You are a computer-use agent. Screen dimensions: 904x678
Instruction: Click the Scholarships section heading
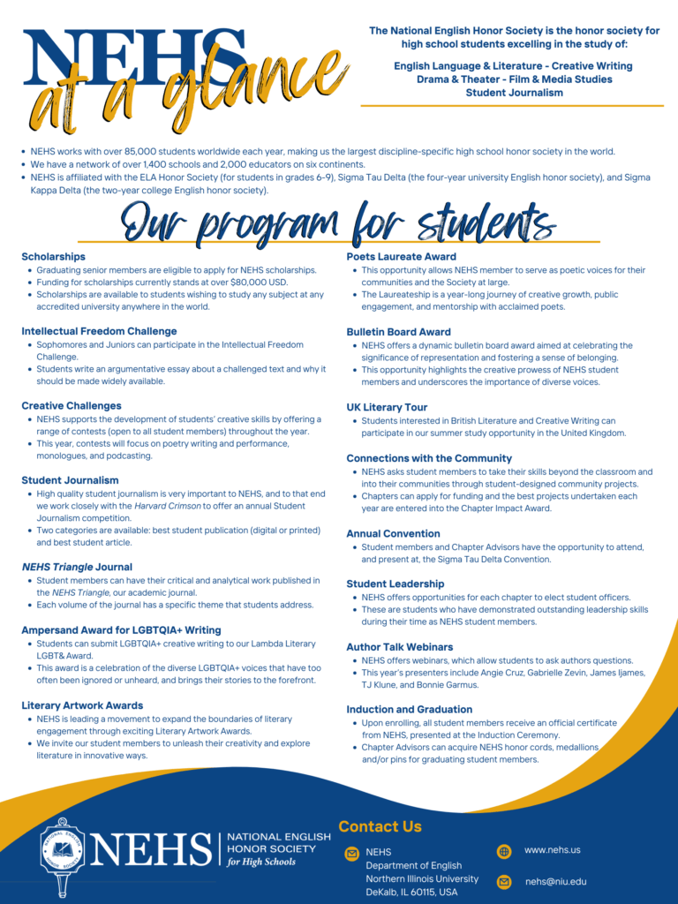click(x=54, y=256)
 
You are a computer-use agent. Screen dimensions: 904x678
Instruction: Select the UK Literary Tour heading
click(x=387, y=407)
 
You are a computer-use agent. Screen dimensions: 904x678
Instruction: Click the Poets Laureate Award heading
click(x=401, y=256)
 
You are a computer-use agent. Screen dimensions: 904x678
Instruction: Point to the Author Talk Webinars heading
click(x=400, y=647)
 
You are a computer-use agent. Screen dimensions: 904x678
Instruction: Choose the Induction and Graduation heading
click(x=409, y=709)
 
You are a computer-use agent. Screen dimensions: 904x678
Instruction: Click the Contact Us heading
click(x=380, y=827)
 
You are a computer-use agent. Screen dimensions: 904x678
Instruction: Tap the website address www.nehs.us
click(x=552, y=850)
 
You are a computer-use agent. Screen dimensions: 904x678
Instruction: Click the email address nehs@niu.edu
click(x=555, y=882)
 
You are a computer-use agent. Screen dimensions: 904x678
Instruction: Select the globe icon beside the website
click(x=504, y=852)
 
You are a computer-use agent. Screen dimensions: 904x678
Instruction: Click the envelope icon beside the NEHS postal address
click(x=352, y=854)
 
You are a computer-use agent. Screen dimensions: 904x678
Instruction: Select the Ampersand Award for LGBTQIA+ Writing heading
click(x=121, y=629)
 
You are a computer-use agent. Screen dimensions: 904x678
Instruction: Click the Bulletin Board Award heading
click(x=398, y=332)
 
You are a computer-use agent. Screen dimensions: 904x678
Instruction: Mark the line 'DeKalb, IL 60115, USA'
click(x=411, y=893)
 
